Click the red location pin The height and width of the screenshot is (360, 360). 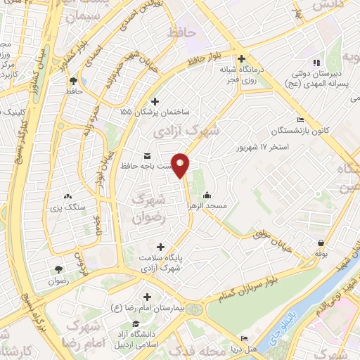(181, 165)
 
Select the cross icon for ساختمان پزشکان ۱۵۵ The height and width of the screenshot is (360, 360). (155, 101)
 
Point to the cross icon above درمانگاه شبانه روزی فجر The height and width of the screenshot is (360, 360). (242, 59)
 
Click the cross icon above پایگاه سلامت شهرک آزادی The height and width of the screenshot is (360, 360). (161, 247)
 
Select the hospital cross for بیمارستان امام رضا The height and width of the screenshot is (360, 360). (147, 297)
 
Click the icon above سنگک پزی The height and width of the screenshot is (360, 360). (67, 198)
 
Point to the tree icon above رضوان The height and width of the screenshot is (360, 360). (58, 269)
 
